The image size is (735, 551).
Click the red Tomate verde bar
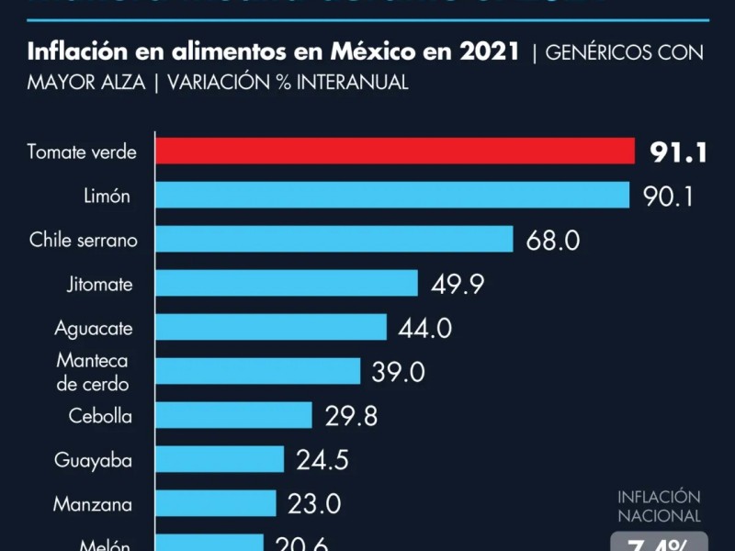[395, 152]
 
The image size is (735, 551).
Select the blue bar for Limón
[392, 195]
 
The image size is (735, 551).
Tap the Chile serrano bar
[334, 239]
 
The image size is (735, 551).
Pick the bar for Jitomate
[287, 283]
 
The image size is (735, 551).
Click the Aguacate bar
[271, 327]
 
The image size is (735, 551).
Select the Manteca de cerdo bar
[257, 371]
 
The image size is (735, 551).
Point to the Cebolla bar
[233, 415]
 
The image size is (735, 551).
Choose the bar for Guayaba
[220, 459]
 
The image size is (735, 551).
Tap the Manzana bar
[216, 503]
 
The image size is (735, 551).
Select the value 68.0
[553, 240]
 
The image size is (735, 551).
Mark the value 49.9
[458, 284]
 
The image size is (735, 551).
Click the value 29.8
[351, 416]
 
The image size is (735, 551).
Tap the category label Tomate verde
[82, 152]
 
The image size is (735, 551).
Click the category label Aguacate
[94, 328]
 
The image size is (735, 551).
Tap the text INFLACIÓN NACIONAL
[659, 506]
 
